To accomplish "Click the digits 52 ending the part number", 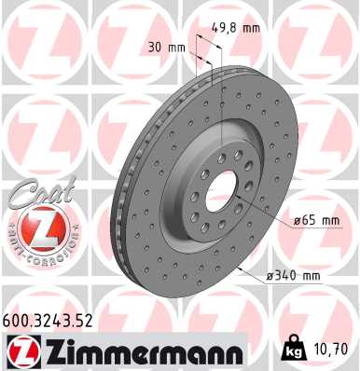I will [88, 323].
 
